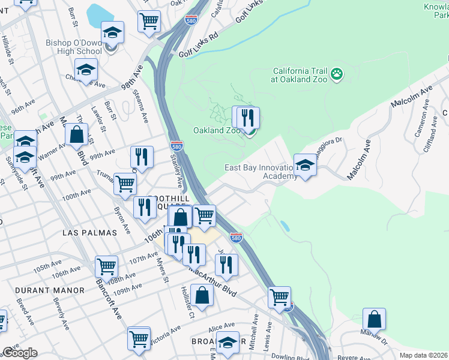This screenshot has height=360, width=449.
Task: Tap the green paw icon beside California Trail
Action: (x=337, y=74)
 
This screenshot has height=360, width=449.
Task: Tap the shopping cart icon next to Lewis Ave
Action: (x=280, y=296)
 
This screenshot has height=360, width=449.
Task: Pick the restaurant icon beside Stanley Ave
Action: (x=142, y=157)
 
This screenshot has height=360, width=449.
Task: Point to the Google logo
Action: (x=19, y=353)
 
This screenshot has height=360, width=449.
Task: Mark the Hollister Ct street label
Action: (x=184, y=302)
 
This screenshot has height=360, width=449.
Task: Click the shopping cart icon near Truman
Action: (x=125, y=184)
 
